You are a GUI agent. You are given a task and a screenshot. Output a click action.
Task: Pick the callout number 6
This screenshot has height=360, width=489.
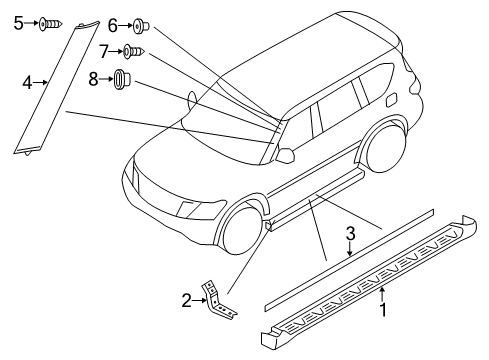click(x=112, y=23)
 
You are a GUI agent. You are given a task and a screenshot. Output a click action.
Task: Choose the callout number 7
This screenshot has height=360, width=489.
click(x=104, y=50)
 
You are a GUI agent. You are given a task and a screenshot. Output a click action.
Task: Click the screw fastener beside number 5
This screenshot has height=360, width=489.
click(x=50, y=22)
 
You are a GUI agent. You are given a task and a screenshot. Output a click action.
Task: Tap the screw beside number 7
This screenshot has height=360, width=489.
click(x=133, y=50)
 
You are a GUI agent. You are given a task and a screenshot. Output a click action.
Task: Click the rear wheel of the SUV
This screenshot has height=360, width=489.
click(x=380, y=150)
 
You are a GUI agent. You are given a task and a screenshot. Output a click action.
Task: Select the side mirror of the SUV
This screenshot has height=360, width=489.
click(x=287, y=154)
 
